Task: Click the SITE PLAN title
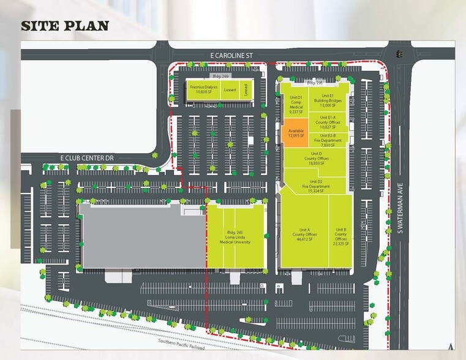[x=65, y=25]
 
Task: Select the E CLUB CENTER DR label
[x=87, y=158]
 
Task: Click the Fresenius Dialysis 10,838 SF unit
[x=203, y=90]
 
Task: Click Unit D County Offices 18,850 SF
[x=317, y=158]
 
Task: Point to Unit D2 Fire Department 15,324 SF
[x=316, y=184]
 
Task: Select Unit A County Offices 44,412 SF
[x=304, y=235]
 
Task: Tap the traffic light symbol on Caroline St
[x=399, y=54]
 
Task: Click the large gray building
[x=141, y=236]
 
